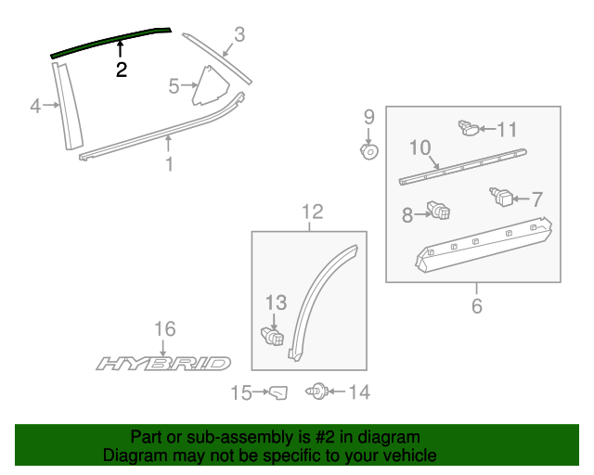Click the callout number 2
tap(122, 70)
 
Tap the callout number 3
tap(239, 35)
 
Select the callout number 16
tap(164, 329)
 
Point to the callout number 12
tap(312, 212)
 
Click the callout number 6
tap(477, 305)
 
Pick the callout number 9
tap(368, 117)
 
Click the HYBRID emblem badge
tap(163, 363)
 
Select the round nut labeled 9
tap(368, 149)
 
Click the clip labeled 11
tap(469, 128)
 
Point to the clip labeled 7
tap(502, 197)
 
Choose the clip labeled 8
tap(438, 212)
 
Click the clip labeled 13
tap(271, 335)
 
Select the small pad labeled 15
tap(278, 394)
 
